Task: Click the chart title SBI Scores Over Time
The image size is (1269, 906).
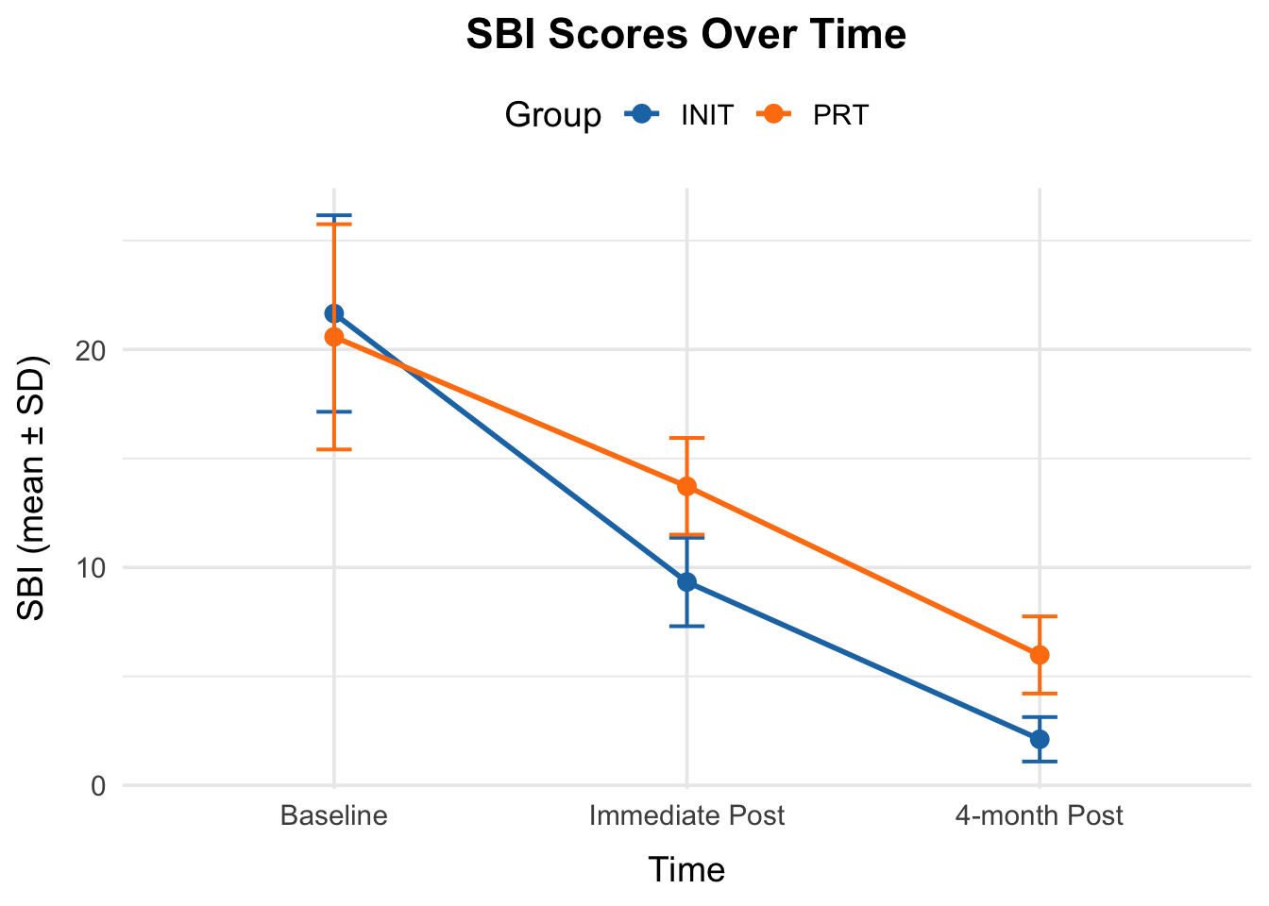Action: click(686, 35)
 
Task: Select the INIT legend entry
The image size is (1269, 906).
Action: click(706, 115)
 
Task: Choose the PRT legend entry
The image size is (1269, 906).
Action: click(839, 115)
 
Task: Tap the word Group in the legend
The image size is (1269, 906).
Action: click(552, 115)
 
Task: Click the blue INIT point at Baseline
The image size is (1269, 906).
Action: click(334, 313)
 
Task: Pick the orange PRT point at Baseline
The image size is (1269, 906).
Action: click(334, 337)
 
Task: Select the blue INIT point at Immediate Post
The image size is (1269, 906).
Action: click(687, 582)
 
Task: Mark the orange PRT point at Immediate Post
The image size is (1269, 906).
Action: click(687, 486)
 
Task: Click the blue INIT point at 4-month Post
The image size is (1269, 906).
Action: click(1040, 739)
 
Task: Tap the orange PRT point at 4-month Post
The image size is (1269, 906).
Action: click(1040, 655)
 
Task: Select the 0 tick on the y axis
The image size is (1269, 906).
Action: click(96, 786)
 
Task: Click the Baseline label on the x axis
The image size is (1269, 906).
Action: click(334, 815)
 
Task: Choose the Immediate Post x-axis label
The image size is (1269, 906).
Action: click(686, 815)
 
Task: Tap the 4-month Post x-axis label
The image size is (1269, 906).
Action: click(1039, 815)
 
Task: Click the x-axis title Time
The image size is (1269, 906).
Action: click(686, 870)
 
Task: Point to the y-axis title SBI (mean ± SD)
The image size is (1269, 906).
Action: click(33, 488)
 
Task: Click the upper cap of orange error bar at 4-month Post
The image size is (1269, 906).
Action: click(1040, 616)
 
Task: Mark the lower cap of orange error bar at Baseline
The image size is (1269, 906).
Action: click(334, 449)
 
